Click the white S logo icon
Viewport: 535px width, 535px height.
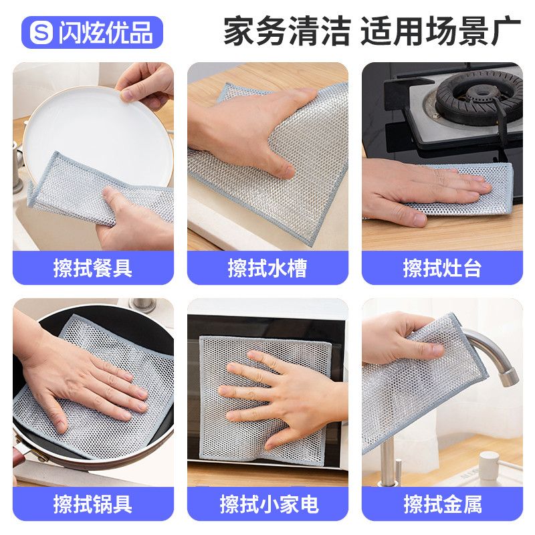click(x=41, y=32)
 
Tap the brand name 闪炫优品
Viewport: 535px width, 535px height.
click(x=106, y=33)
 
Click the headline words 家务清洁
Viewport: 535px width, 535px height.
click(x=287, y=31)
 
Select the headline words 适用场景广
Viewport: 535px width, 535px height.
click(x=441, y=31)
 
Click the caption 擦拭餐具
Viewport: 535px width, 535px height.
click(x=93, y=268)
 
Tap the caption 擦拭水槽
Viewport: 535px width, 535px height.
click(x=267, y=268)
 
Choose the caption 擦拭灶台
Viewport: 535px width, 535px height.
click(x=442, y=268)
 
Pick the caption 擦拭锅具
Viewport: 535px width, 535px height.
click(x=93, y=504)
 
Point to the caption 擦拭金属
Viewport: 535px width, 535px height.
click(x=443, y=504)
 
